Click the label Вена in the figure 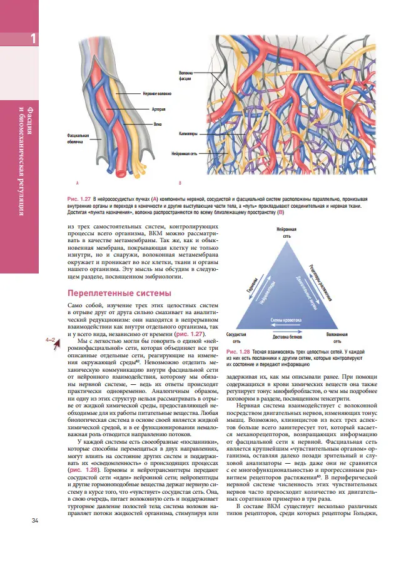coord(157,124)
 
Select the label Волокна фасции coord(185,77)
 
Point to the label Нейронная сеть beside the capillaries coord(185,152)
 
